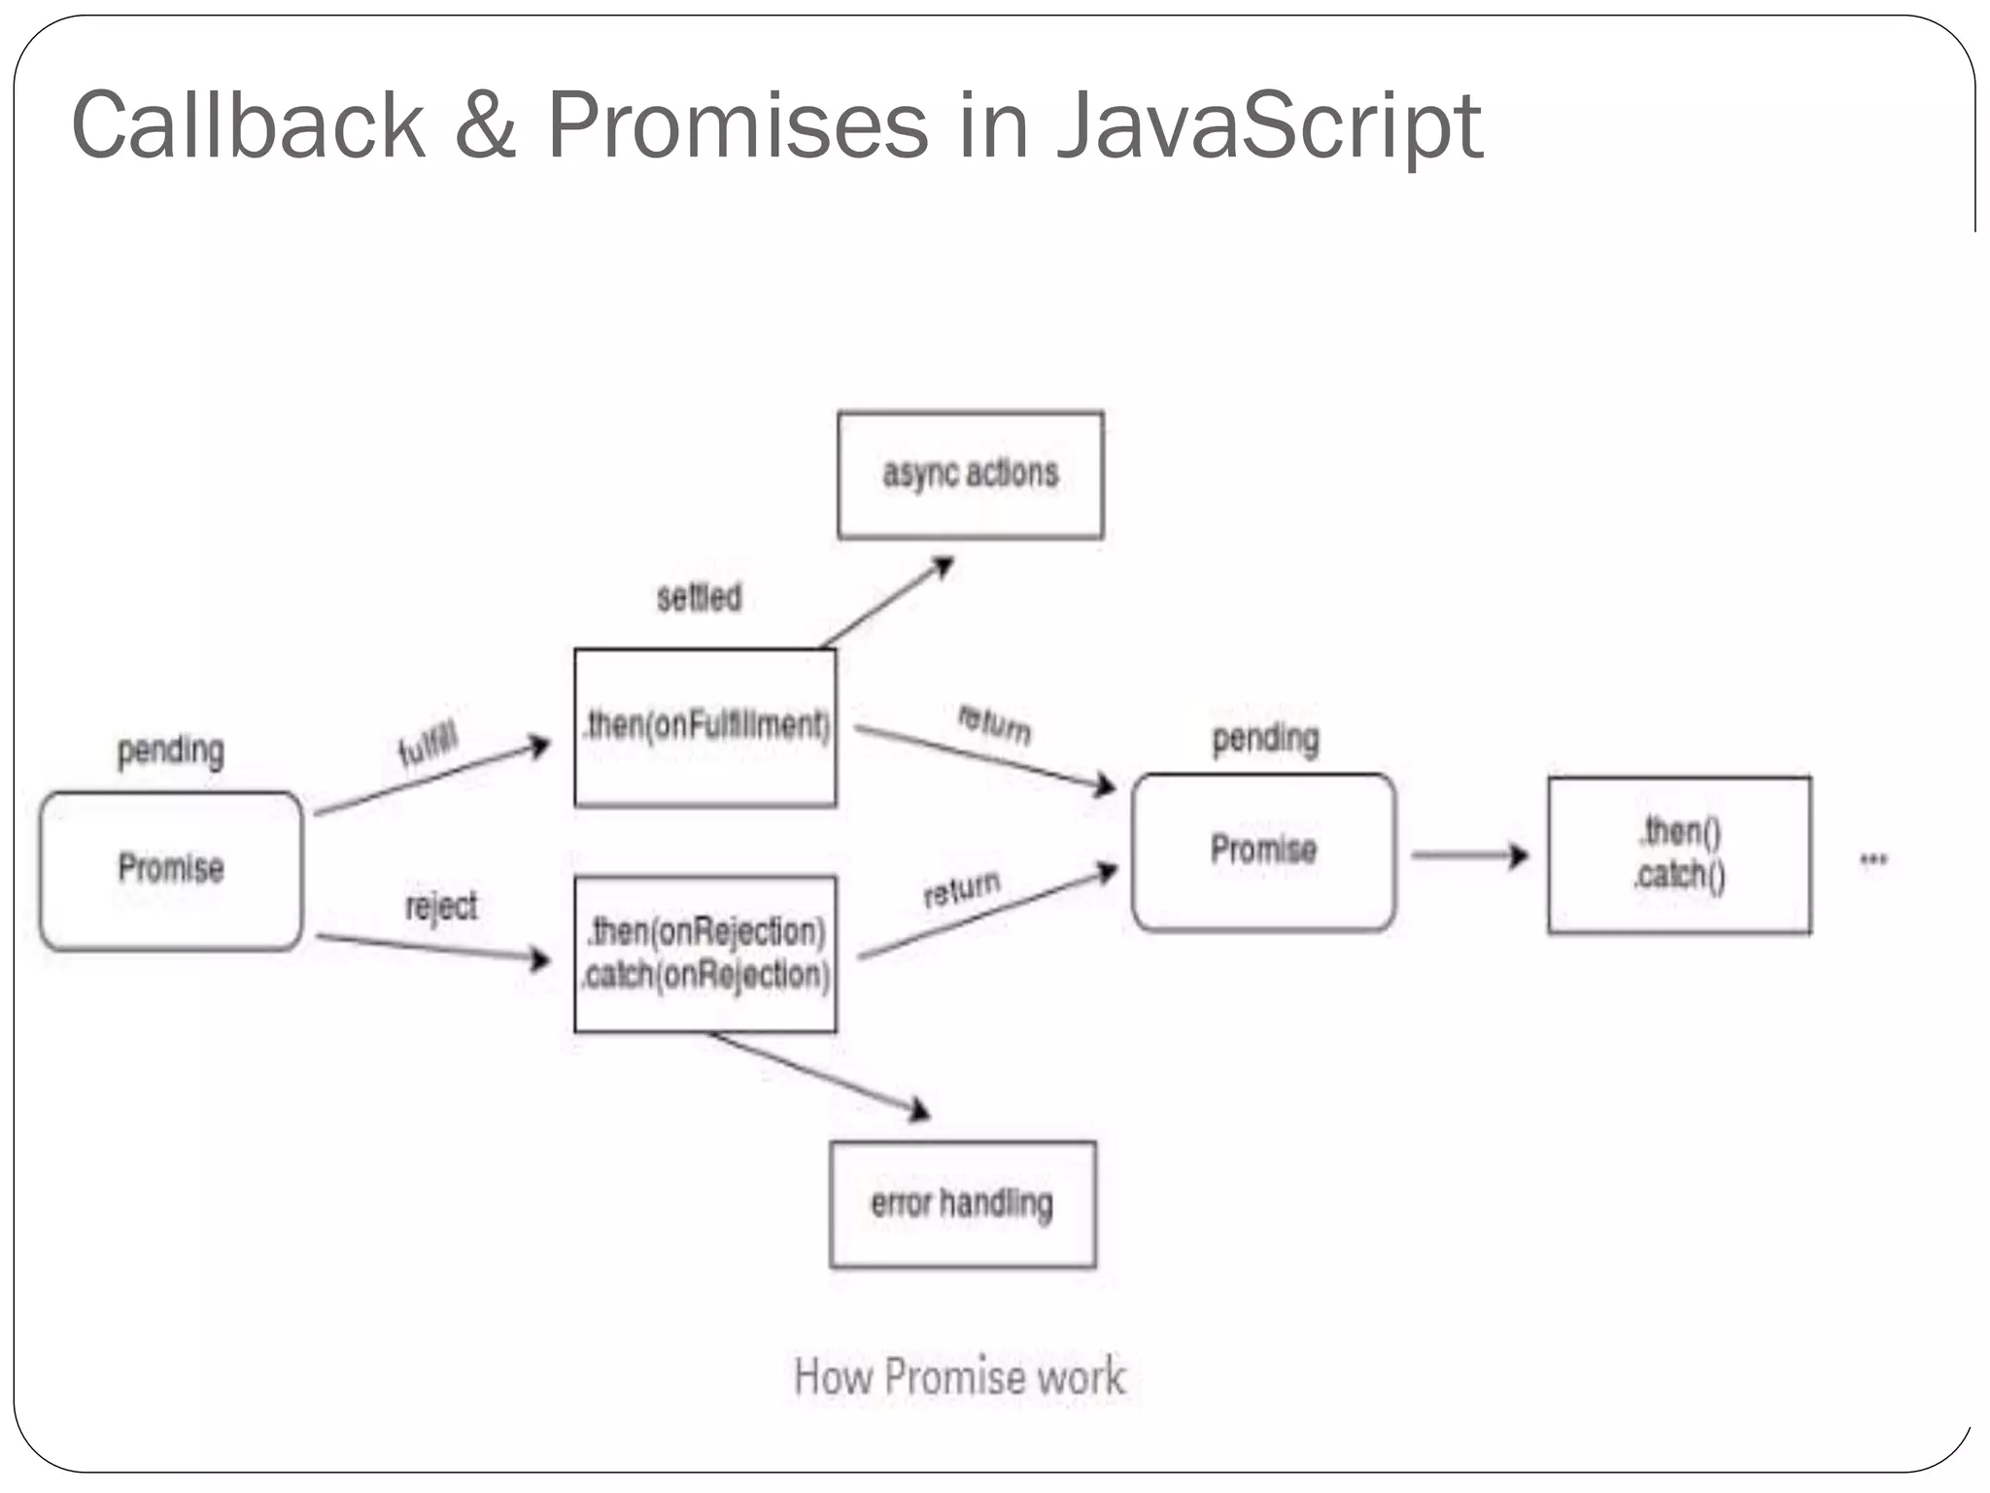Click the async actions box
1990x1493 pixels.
point(970,474)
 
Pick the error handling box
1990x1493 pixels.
point(962,1203)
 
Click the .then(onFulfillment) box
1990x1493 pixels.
point(705,727)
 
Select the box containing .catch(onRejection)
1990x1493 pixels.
point(705,954)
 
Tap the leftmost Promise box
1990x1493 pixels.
point(171,869)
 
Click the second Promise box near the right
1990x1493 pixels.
point(1263,851)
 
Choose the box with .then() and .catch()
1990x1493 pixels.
point(1679,854)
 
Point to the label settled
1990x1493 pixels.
point(699,597)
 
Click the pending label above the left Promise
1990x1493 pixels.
point(171,750)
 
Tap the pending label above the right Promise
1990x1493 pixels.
point(1265,739)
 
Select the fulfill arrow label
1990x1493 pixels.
point(428,746)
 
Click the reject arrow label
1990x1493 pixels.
point(441,906)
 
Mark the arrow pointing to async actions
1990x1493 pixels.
point(887,602)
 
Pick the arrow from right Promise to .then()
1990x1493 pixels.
point(1469,855)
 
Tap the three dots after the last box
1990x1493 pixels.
point(1872,858)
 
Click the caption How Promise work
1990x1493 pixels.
point(960,1376)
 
